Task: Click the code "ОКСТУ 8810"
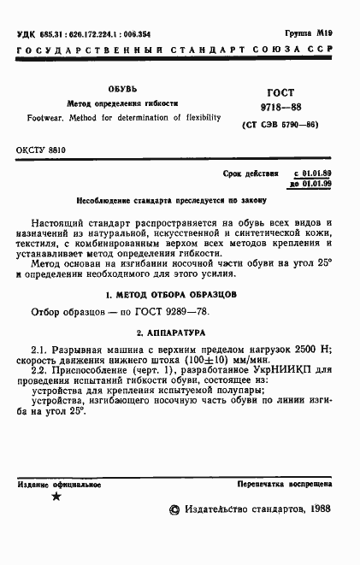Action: (x=41, y=149)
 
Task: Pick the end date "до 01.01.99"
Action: (x=312, y=184)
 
